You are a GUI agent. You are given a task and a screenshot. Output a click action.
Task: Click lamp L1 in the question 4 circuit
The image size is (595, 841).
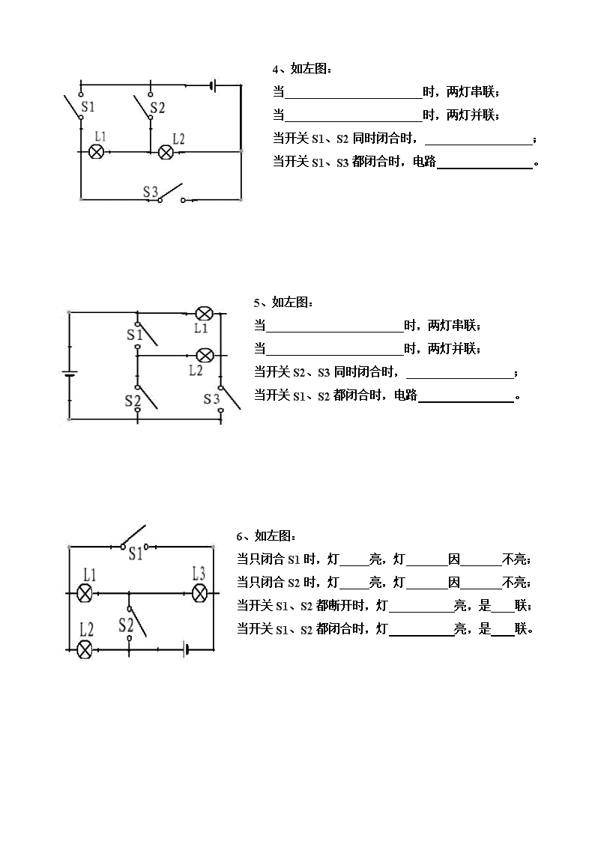point(97,152)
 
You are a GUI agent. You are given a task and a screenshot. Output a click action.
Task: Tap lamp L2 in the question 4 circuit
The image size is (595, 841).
point(166,152)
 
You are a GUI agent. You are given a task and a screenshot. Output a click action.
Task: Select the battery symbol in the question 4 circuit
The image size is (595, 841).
point(214,85)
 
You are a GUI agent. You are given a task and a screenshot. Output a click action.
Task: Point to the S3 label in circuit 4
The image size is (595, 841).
point(150,192)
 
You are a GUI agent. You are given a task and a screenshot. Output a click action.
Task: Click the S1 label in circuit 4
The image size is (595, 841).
point(88,107)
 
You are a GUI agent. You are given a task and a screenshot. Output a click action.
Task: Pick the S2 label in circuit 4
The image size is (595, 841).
point(157,107)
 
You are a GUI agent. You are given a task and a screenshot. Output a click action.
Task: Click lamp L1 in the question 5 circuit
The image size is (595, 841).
point(203,313)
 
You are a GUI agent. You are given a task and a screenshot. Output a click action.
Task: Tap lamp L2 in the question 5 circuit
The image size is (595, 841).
point(204,355)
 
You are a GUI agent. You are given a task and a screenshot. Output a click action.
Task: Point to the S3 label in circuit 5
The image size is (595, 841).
point(211,399)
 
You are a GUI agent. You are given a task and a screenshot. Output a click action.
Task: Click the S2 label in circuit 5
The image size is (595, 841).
point(133,401)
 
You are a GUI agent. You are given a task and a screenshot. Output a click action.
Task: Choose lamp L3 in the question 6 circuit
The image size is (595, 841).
point(199,593)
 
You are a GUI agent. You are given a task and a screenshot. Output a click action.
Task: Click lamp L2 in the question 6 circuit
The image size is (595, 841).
point(85,650)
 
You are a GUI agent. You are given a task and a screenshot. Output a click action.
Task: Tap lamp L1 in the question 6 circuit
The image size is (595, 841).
point(84,593)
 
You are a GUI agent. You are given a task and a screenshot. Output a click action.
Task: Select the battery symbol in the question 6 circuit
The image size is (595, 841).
point(186,649)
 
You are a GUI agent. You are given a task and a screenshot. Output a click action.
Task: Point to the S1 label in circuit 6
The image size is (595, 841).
point(135,553)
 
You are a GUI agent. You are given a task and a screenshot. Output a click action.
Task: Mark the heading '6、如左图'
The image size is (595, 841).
point(266,535)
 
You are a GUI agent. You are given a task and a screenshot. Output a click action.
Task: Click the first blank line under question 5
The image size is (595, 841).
point(335,332)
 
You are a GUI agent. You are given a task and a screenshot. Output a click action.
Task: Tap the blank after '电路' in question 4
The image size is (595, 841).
point(485,168)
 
